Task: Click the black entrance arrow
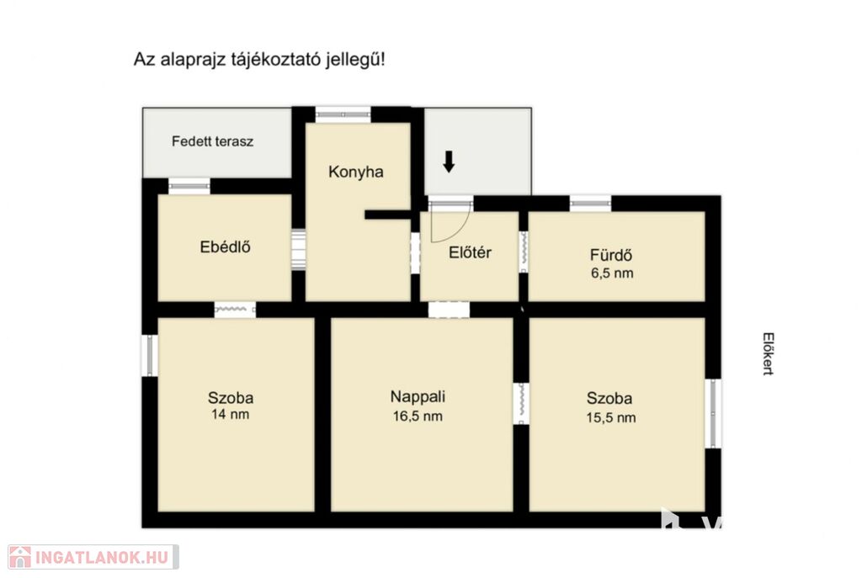click(x=449, y=162)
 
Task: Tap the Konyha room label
click(x=356, y=172)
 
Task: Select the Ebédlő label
click(x=225, y=247)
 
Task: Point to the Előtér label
click(x=470, y=252)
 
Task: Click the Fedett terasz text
click(x=212, y=141)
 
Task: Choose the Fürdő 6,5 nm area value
click(x=612, y=273)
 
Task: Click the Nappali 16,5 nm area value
click(x=418, y=416)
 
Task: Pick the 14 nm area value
click(x=230, y=414)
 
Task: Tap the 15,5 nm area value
click(x=611, y=417)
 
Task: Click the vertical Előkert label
click(x=768, y=353)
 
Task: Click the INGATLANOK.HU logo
click(x=93, y=557)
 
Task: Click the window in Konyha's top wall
click(x=343, y=114)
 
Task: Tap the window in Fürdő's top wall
click(x=590, y=204)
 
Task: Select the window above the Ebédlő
click(x=189, y=186)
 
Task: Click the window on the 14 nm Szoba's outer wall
click(x=150, y=356)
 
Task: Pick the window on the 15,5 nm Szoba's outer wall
click(x=713, y=413)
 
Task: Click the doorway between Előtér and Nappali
click(x=449, y=310)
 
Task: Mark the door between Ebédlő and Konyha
click(x=298, y=249)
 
